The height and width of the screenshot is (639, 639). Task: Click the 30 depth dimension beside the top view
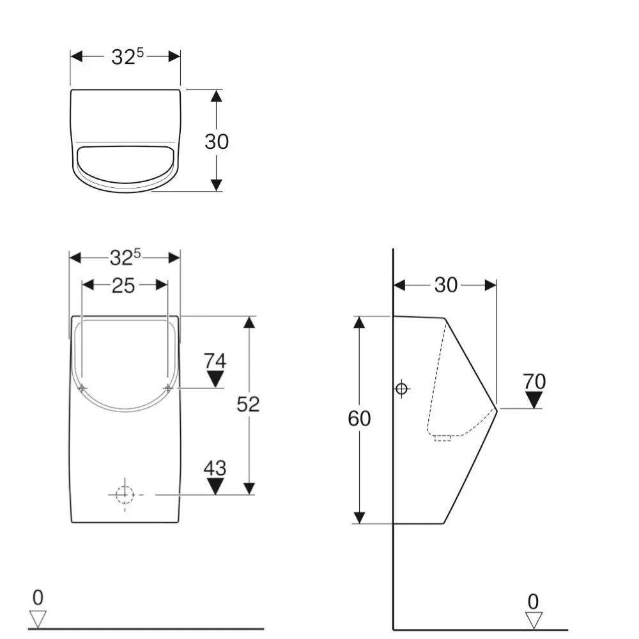[217, 141]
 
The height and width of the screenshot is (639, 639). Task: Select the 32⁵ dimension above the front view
[125, 257]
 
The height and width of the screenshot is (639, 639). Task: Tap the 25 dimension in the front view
[123, 286]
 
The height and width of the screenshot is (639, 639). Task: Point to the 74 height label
[215, 361]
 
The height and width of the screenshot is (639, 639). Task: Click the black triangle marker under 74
[215, 379]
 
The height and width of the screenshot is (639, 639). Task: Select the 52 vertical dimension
[248, 404]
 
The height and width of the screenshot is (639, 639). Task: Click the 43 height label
[215, 468]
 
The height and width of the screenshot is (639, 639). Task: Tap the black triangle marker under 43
[215, 486]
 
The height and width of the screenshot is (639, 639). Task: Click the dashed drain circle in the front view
[125, 494]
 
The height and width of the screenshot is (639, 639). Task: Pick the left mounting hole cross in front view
[82, 388]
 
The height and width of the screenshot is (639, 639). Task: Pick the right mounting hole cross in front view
[168, 388]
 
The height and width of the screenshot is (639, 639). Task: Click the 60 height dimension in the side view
[359, 419]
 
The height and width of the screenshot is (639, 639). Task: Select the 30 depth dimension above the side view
[445, 285]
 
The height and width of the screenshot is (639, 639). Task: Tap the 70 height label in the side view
[534, 381]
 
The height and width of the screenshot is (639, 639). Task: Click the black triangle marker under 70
[534, 400]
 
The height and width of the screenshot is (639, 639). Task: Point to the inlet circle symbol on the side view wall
[401, 388]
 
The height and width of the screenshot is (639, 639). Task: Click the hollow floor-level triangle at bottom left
[38, 619]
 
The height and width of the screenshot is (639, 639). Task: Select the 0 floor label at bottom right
[534, 601]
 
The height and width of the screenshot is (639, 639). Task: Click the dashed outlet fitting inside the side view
[443, 437]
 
